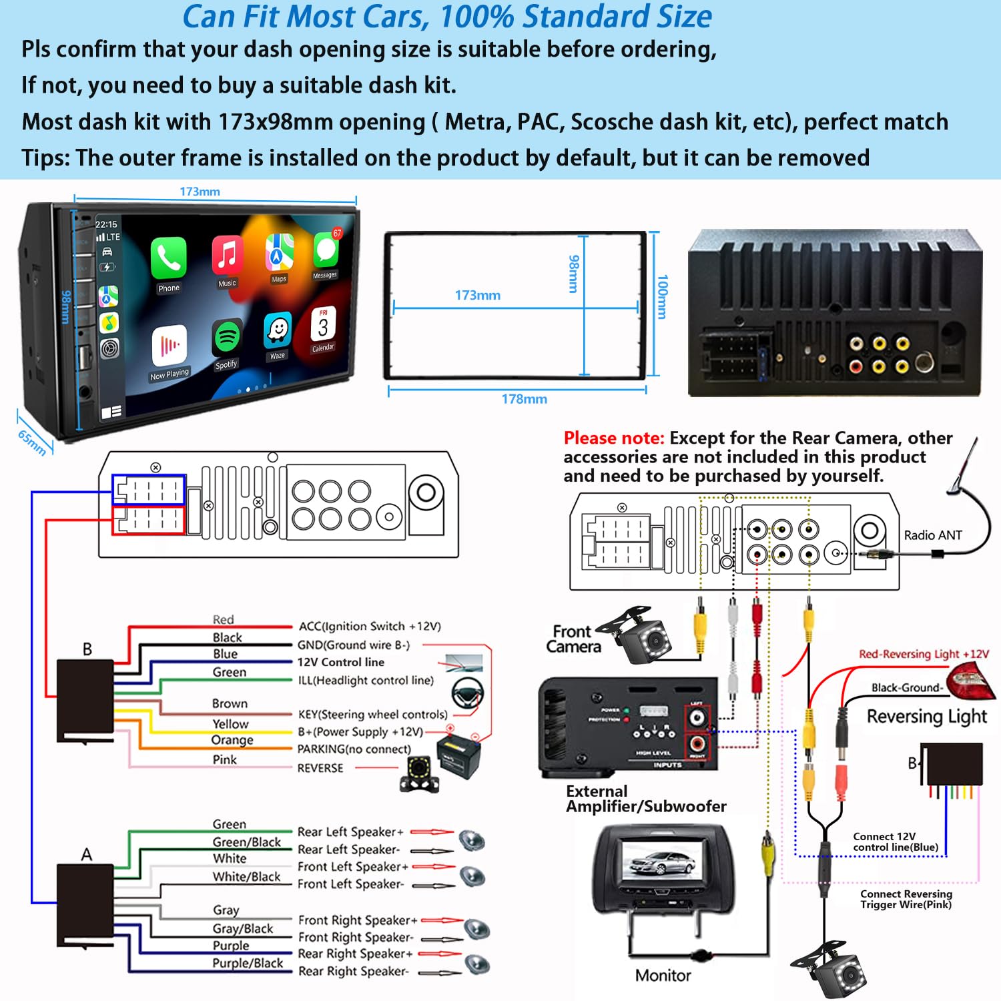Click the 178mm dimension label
[x=524, y=399]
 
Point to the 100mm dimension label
[x=662, y=297]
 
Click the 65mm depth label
[x=32, y=442]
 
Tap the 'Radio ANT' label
[x=932, y=535]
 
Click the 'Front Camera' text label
[x=573, y=639]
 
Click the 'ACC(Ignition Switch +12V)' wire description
[x=369, y=626]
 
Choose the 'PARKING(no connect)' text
[x=354, y=749]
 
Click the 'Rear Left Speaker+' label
[x=350, y=832]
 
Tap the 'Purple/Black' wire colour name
[x=248, y=963]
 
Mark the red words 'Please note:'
[x=613, y=438]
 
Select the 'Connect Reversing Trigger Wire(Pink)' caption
[x=906, y=899]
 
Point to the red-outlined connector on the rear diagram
[x=148, y=521]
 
